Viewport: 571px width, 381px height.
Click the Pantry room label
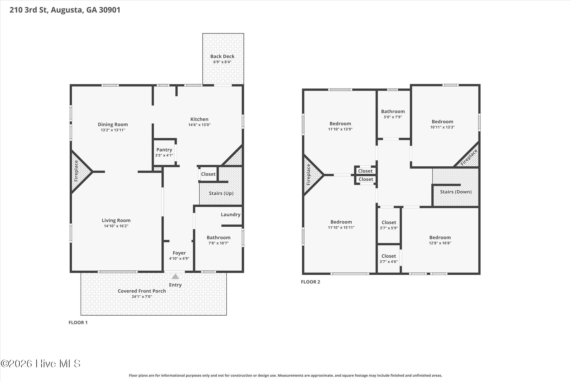[x=164, y=150]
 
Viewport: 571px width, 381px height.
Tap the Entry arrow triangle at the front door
[x=175, y=276]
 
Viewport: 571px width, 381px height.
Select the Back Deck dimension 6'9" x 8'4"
[x=222, y=62]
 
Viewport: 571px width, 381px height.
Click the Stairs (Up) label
[x=221, y=193]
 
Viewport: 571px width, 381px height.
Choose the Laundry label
[x=231, y=215]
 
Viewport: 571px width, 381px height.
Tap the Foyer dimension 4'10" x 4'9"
[x=179, y=258]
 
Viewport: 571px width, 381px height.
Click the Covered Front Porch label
[x=142, y=291]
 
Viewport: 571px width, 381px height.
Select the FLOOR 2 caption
[x=311, y=282]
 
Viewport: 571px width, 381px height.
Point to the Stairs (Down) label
[x=456, y=192]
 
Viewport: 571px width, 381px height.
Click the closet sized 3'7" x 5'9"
[x=389, y=225]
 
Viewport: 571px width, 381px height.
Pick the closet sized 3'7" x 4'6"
[x=389, y=259]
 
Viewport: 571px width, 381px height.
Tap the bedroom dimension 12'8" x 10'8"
[x=440, y=243]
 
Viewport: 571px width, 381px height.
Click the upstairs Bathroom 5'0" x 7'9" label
[x=393, y=111]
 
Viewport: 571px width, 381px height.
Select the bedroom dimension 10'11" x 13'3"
[x=442, y=127]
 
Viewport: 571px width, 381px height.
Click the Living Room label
[x=116, y=221]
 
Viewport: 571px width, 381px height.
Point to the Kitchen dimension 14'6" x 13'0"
[x=199, y=125]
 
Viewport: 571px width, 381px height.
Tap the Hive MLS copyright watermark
[x=41, y=363]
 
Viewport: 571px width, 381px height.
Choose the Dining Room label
[x=113, y=124]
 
